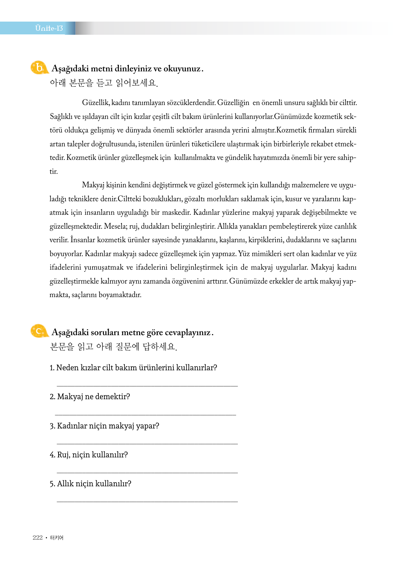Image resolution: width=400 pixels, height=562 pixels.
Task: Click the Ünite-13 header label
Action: (49, 28)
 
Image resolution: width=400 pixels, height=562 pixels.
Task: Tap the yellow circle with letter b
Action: (39, 68)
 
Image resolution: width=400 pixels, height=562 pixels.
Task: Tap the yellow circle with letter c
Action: (39, 331)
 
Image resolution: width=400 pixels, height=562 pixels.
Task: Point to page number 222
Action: (37, 537)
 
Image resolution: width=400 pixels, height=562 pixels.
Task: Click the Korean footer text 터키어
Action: (57, 537)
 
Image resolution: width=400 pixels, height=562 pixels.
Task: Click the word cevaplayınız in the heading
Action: (187, 332)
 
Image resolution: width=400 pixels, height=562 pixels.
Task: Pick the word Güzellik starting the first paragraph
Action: (96, 103)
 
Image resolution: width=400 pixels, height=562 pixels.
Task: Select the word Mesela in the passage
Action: (115, 226)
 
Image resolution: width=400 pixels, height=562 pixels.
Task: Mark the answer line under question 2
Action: (145, 415)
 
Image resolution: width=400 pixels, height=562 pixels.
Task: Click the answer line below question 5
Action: (147, 502)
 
